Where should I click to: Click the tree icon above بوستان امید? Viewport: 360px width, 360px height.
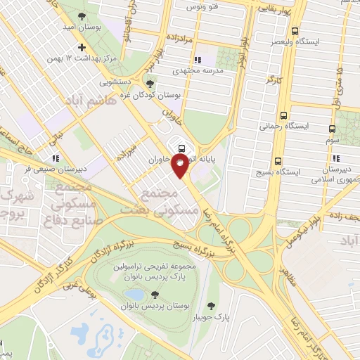82,13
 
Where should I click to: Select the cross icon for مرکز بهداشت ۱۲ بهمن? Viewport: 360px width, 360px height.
82,47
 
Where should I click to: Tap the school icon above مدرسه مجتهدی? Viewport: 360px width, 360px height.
197,60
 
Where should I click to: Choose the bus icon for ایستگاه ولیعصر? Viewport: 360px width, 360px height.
294,32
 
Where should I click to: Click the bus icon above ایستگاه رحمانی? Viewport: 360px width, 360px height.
283,115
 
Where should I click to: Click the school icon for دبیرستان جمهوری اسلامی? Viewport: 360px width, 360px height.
335,158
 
